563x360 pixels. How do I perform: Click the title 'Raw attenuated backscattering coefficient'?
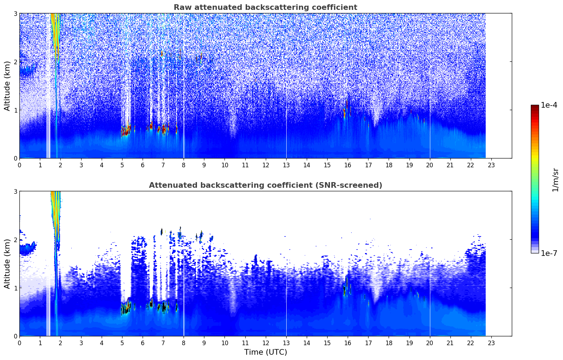pyautogui.click(x=265, y=7)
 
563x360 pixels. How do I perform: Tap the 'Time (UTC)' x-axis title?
pyautogui.click(x=265, y=352)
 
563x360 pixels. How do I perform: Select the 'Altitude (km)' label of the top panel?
pyautogui.click(x=7, y=86)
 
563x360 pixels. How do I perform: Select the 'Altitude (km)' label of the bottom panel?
pyautogui.click(x=7, y=264)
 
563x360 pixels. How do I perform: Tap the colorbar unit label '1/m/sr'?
pyautogui.click(x=555, y=180)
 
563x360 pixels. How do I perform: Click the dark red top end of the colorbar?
pyautogui.click(x=535, y=106)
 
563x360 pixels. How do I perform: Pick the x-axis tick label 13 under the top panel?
pyautogui.click(x=286, y=165)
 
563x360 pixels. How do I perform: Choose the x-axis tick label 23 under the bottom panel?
pyautogui.click(x=491, y=343)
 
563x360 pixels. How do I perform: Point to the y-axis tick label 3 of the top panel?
pyautogui.click(x=15, y=13)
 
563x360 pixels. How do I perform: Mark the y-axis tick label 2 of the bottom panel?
pyautogui.click(x=15, y=240)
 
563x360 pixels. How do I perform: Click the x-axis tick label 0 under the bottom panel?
pyautogui.click(x=20, y=343)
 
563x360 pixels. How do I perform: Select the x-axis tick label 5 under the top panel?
pyautogui.click(x=122, y=165)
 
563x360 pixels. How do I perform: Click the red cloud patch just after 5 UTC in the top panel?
pyautogui.click(x=126, y=130)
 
